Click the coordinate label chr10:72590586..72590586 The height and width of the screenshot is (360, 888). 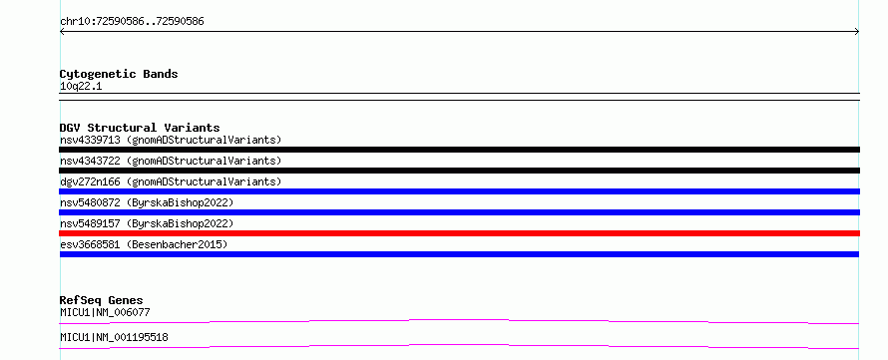[132, 22]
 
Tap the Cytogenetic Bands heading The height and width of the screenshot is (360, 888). [119, 74]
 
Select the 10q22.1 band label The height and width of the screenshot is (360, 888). [81, 87]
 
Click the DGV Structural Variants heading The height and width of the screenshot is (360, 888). [140, 128]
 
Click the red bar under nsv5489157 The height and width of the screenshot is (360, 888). [459, 233]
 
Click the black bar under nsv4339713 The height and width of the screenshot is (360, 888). [459, 150]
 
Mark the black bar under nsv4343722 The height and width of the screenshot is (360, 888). [459, 171]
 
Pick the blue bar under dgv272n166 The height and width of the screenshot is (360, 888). [459, 191]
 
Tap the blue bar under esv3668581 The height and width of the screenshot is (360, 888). [459, 254]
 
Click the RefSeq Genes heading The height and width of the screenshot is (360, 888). [102, 300]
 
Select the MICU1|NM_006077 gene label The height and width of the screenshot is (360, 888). [105, 312]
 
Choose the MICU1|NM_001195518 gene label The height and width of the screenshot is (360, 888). [114, 338]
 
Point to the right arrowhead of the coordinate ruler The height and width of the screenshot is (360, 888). [858, 32]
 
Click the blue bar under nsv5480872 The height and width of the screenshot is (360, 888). [459, 212]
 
